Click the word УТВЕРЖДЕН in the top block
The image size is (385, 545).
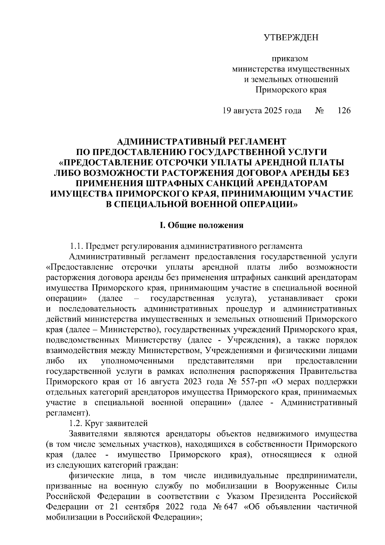(291, 38)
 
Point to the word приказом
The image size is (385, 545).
(290, 59)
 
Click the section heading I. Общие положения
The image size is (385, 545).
(201, 225)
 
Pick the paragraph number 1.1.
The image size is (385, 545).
(77, 247)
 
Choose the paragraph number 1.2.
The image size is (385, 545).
(77, 424)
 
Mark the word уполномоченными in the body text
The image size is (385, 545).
(138, 361)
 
